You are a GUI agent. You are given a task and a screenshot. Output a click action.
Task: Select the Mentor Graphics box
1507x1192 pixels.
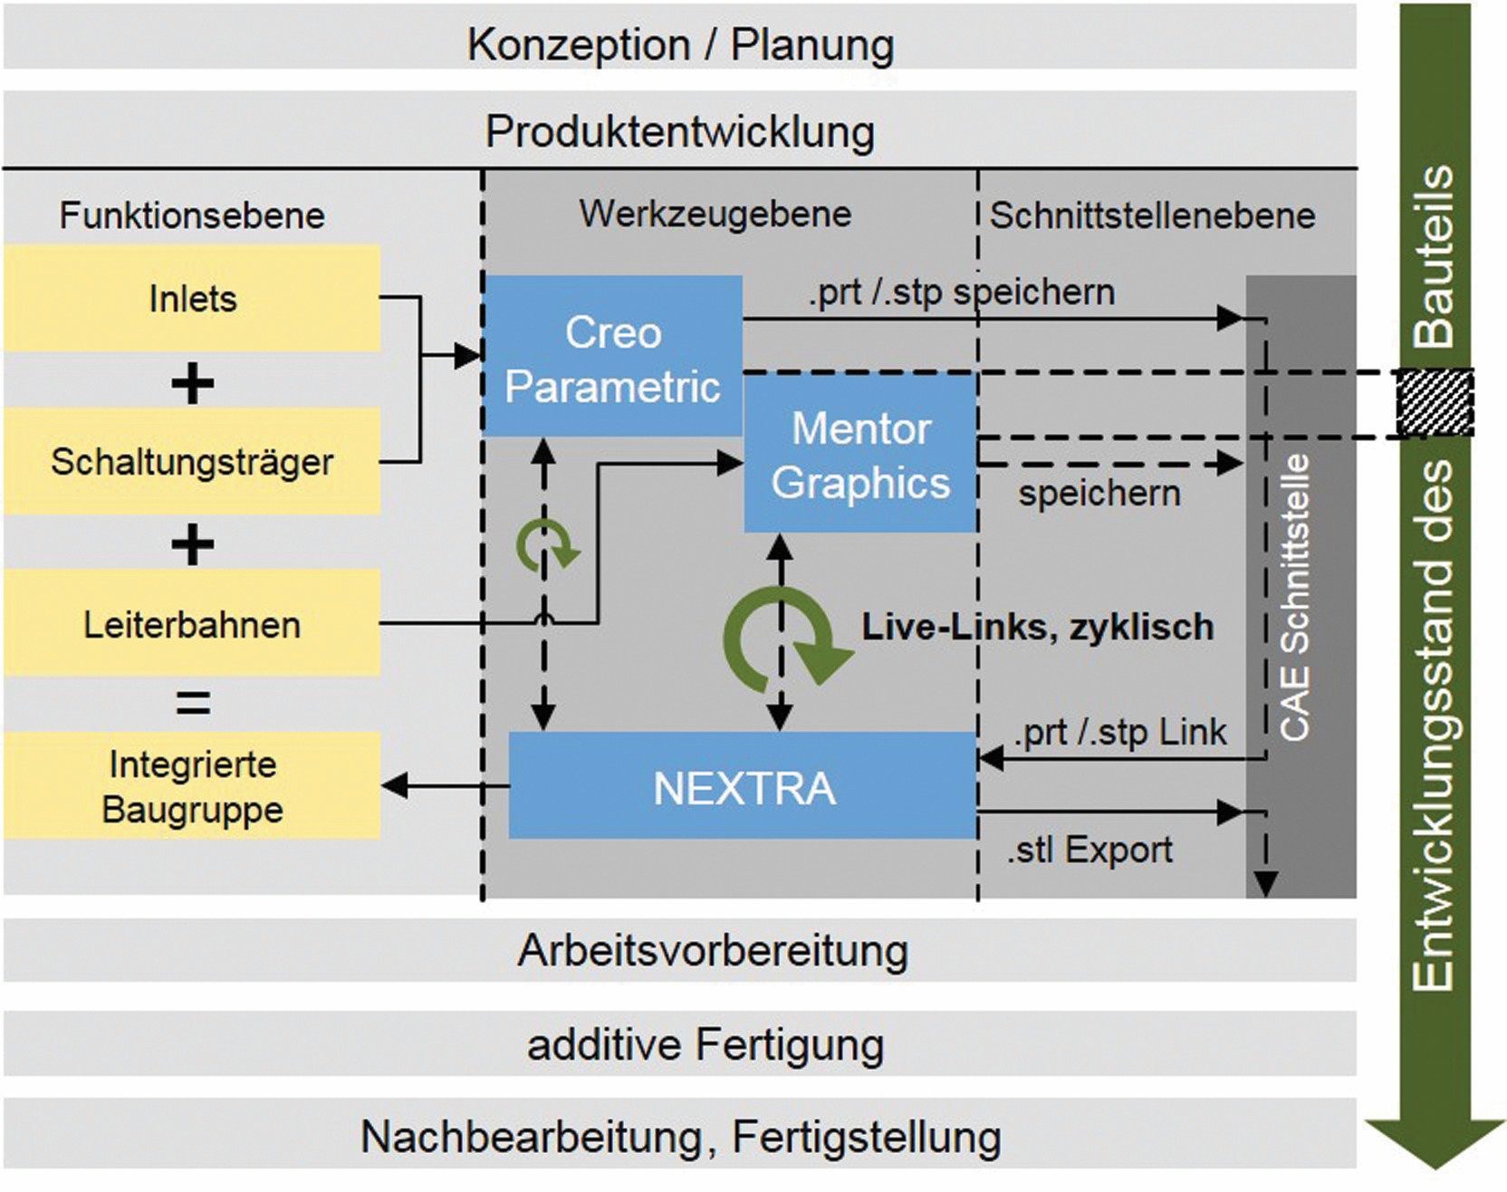(x=860, y=454)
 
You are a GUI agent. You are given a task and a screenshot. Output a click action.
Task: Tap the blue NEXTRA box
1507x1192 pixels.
(x=743, y=786)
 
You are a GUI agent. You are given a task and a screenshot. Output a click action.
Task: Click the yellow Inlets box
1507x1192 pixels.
(x=192, y=298)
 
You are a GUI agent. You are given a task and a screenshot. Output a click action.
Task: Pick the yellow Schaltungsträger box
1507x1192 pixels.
(x=192, y=461)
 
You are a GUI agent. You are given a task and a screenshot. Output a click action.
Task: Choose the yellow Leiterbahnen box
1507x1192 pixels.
(x=192, y=623)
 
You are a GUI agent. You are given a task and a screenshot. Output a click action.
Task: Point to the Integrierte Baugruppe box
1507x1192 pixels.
(x=192, y=785)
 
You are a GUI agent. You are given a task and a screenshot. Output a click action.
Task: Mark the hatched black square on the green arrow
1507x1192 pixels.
(x=1435, y=402)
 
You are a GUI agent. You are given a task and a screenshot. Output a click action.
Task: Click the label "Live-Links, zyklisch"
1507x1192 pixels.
(x=1037, y=627)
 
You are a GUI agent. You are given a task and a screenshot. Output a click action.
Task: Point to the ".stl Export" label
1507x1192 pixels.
(x=1089, y=850)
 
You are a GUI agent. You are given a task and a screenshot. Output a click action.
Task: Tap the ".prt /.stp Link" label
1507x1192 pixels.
(x=1120, y=732)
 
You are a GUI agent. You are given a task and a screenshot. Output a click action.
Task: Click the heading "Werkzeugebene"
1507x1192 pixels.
(x=715, y=214)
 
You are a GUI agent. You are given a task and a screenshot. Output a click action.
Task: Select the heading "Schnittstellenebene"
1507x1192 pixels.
(x=1152, y=216)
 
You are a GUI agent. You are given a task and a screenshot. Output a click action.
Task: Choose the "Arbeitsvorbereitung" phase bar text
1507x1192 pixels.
(x=713, y=951)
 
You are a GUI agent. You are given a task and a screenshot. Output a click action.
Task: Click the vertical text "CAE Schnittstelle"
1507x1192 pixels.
(x=1296, y=598)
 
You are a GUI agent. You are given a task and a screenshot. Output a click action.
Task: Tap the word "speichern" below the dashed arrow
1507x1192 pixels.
(x=1099, y=494)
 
